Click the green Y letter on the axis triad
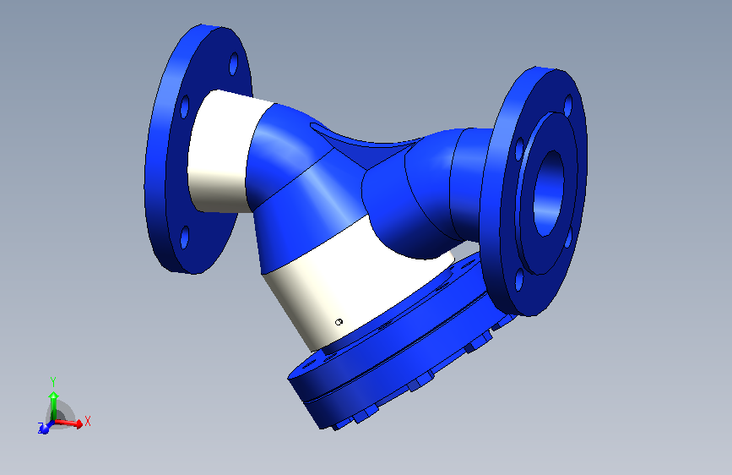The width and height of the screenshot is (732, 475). pos(52,381)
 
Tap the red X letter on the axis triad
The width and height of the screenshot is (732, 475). pos(87,420)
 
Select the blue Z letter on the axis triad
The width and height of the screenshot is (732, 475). pos(41,429)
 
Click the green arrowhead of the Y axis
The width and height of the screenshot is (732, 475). pos(52,395)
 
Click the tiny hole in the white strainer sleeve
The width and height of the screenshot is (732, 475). pos(339,321)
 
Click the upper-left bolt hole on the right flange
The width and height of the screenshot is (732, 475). pos(518,149)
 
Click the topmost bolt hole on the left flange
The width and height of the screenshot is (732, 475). pos(234,63)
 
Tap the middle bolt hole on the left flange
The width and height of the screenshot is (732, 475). pos(183,107)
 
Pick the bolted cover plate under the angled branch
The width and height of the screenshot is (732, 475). pos(388,363)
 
